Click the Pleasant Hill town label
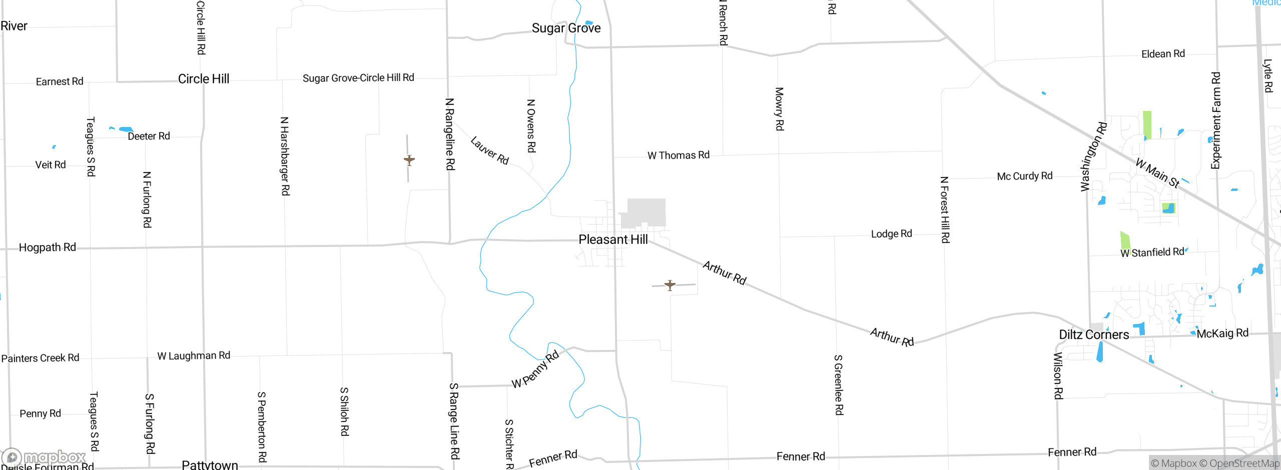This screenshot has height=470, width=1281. coord(613,239)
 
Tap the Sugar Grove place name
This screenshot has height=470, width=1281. coord(566,28)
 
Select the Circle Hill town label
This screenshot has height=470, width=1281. coord(204,79)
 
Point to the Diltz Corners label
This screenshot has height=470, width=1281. coord(1094,334)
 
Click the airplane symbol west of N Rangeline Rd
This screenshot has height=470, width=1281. coord(409,160)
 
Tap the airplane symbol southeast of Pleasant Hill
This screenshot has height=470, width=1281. coord(670,285)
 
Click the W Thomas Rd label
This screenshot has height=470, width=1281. coord(678,155)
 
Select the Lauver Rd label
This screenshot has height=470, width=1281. coord(489,150)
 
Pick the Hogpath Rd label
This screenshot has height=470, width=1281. coord(48,247)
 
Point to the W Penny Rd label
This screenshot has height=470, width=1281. coord(535,370)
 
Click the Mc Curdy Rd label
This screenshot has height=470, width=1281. coord(1024,176)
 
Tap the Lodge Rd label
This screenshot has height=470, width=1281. coord(891,234)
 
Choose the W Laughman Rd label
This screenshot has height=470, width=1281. coord(194,355)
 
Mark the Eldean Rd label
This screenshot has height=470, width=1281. coord(1163,54)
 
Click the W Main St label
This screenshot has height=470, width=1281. coord(1157,173)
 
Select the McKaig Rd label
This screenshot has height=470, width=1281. coord(1222,333)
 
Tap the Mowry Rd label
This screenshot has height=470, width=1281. coord(779,109)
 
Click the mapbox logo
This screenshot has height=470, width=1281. coord(44,457)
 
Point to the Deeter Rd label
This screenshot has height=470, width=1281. coord(149,136)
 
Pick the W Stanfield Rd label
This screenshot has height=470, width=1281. coord(1152,252)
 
